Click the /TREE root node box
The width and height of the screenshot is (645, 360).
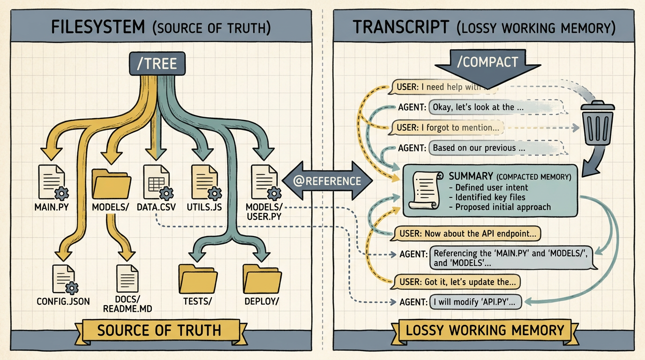tap(157, 64)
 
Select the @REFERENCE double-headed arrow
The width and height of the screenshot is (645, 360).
tap(327, 181)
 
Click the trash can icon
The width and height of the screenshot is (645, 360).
tap(598, 123)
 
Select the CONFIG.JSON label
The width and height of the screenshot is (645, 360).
tap(63, 301)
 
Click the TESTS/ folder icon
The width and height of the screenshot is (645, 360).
tap(198, 279)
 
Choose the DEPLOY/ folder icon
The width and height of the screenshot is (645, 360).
tap(262, 279)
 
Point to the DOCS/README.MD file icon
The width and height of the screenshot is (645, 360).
tap(127, 278)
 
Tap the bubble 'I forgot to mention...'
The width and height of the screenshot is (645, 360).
tap(446, 127)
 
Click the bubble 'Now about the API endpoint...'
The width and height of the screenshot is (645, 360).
tap(465, 233)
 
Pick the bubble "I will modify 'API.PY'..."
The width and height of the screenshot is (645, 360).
tap(475, 302)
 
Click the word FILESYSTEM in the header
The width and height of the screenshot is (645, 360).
tap(98, 27)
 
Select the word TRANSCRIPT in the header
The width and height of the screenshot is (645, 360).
tap(401, 27)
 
